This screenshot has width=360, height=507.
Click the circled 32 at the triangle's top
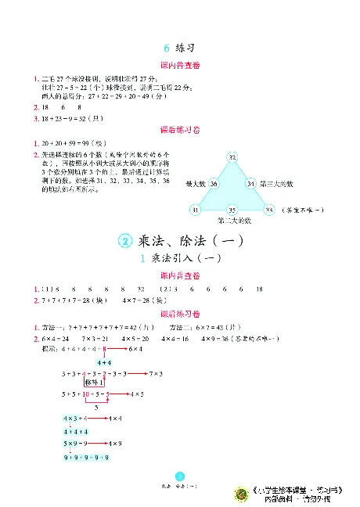click(232, 157)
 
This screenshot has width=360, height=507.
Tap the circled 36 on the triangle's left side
click(214, 184)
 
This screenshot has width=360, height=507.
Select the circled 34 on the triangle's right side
click(250, 184)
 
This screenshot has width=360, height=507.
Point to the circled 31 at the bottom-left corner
click(195, 210)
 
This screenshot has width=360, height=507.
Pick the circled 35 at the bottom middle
click(232, 210)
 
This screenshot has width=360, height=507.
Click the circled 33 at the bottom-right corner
click(268, 210)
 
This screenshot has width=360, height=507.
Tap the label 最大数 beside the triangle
click(195, 184)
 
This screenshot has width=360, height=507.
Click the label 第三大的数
click(275, 184)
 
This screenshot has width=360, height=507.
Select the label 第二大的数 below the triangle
click(232, 221)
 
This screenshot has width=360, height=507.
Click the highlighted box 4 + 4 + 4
click(76, 431)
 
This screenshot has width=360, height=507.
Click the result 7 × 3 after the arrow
click(155, 373)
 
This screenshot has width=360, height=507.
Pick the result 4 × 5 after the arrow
click(136, 394)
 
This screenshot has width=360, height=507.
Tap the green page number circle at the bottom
click(179, 476)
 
